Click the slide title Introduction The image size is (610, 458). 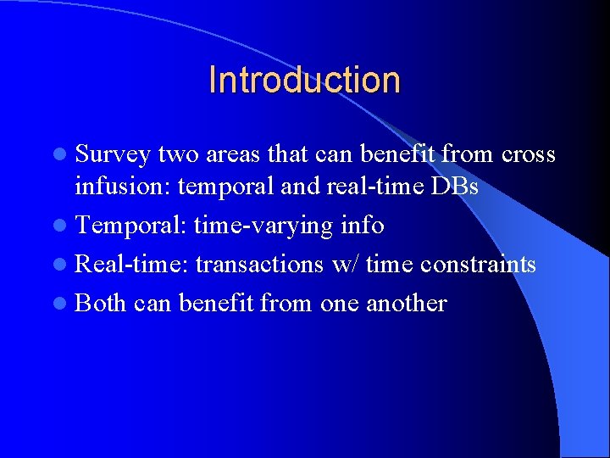click(x=304, y=80)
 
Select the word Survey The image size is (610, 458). click(x=114, y=155)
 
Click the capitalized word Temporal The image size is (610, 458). click(x=130, y=226)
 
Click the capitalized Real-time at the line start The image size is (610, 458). click(x=131, y=265)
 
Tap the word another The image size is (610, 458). click(x=406, y=303)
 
